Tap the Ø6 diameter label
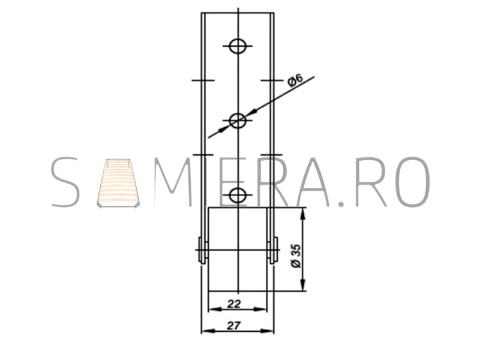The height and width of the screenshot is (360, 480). click(295, 80)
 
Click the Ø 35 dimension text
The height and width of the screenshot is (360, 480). click(296, 256)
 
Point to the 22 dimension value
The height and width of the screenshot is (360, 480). click(234, 304)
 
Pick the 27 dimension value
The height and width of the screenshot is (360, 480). click(233, 325)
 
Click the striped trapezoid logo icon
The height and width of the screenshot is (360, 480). click(118, 183)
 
